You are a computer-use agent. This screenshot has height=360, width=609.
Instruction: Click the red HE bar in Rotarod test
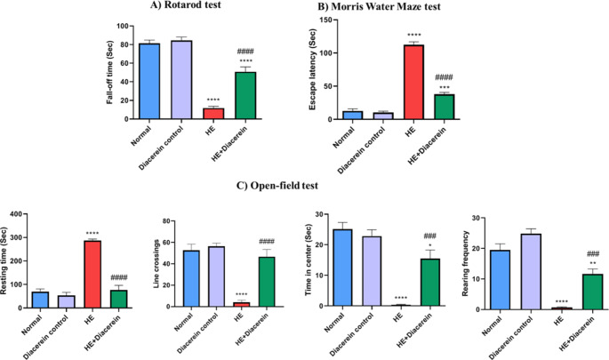(213, 114)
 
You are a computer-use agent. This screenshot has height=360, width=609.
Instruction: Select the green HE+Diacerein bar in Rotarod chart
(245, 95)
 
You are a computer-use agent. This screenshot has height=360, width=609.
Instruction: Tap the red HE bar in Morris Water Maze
(413, 82)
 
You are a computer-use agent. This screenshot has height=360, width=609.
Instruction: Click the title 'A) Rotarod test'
(186, 5)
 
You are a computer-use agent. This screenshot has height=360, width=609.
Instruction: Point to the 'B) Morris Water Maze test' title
(379, 6)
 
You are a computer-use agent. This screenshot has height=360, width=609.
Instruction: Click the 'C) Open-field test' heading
(277, 186)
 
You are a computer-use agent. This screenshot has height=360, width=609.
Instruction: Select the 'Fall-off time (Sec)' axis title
(110, 72)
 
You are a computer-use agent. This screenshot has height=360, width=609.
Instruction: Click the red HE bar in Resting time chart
(92, 274)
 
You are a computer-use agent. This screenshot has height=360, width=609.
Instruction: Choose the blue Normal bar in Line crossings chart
(191, 278)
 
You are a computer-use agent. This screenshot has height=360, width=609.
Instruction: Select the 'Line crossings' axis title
(156, 264)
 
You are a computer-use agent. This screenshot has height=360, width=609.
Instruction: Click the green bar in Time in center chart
(430, 283)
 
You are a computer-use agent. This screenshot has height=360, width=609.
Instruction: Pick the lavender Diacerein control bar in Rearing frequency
(531, 272)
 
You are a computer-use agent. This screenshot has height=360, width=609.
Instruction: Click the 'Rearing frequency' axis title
(466, 263)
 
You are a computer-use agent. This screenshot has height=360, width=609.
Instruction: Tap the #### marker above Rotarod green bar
(245, 52)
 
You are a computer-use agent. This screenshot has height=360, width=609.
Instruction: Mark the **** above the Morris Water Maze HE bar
(413, 36)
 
